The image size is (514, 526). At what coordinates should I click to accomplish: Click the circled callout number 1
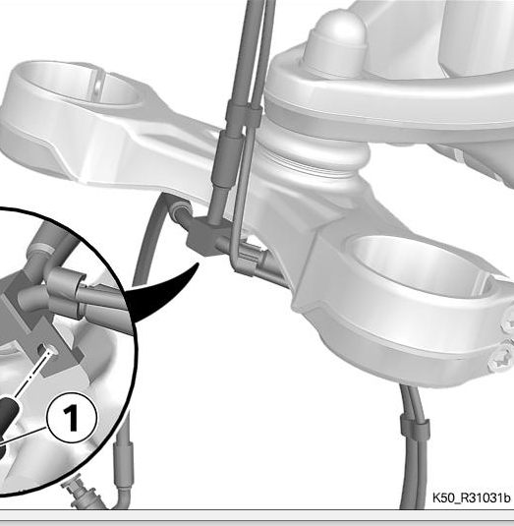(72, 418)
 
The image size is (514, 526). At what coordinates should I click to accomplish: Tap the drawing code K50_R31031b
(471, 497)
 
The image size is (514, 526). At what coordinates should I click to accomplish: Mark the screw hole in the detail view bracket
(48, 350)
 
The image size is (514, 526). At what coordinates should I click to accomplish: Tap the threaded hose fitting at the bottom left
(81, 495)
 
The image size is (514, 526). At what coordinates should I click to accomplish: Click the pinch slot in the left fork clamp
(98, 86)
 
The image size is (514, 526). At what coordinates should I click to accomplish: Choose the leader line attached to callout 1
(23, 438)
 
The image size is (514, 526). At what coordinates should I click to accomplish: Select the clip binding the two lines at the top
(244, 114)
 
